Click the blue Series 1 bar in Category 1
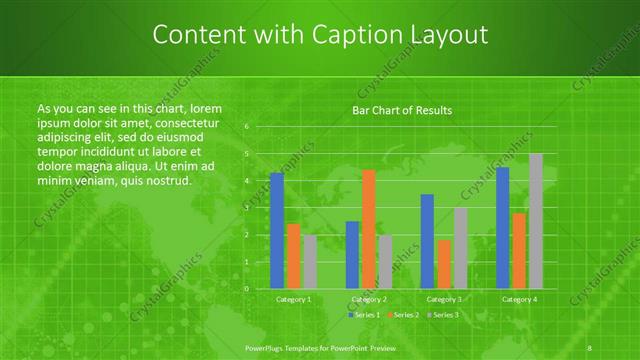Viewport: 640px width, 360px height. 277,231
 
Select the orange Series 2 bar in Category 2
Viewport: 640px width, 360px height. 369,229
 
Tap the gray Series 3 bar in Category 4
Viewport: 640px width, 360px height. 536,221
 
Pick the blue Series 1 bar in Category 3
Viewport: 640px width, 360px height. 427,241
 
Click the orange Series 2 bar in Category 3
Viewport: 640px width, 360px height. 444,264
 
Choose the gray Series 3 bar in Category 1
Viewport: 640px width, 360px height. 310,261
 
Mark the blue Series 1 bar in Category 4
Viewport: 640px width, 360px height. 503,228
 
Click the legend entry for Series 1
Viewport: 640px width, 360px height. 364,315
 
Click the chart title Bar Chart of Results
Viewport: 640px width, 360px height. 402,110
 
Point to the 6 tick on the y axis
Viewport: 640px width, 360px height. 246,127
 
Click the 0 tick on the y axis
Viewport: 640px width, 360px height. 246,288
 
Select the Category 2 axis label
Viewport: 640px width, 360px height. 369,299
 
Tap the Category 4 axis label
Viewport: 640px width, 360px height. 519,299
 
